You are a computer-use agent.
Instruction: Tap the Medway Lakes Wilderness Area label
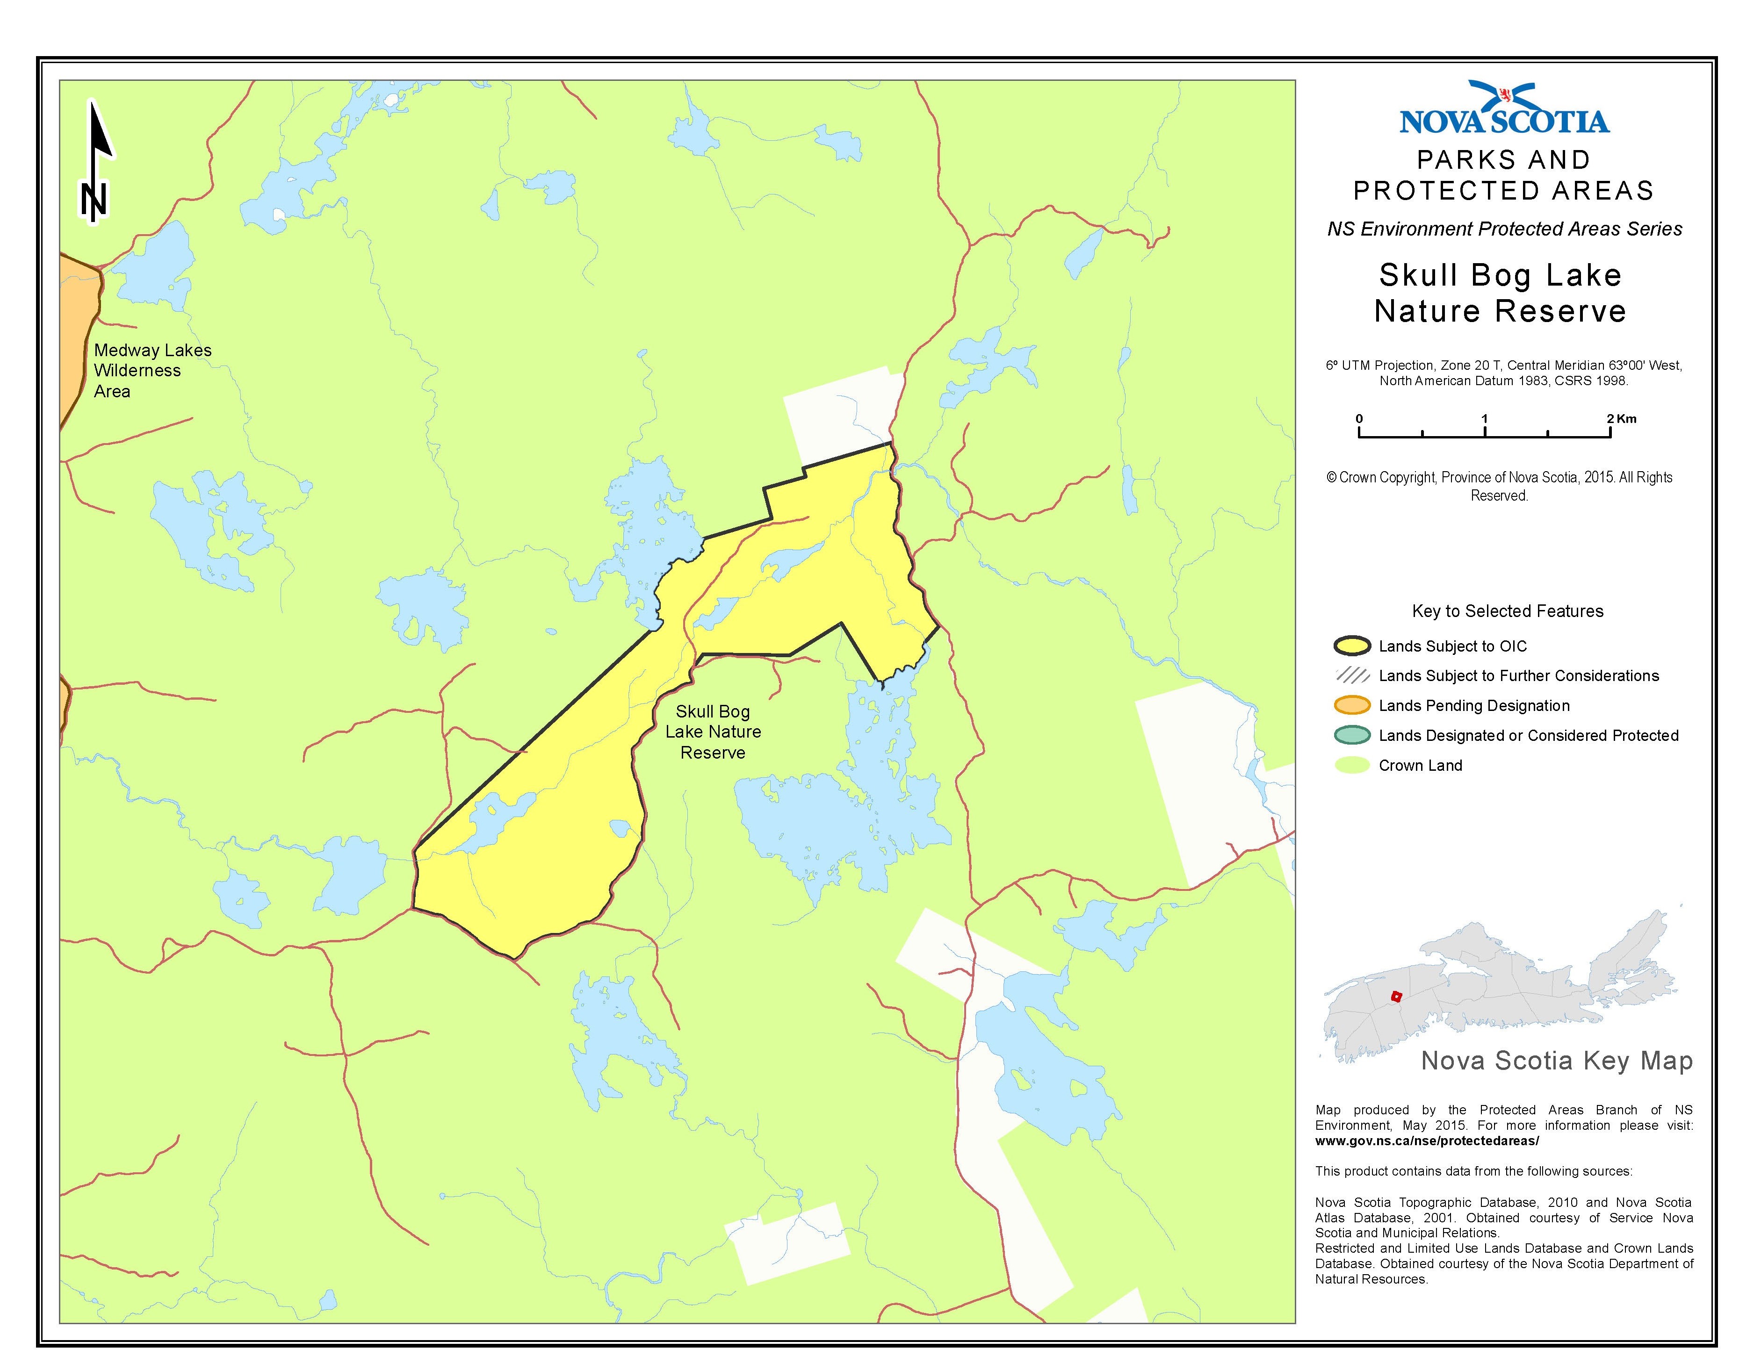tap(152, 371)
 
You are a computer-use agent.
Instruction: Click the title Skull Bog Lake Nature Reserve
tap(1500, 293)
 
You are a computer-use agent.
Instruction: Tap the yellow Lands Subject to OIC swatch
tap(1352, 646)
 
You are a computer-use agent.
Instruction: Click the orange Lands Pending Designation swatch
tap(1352, 706)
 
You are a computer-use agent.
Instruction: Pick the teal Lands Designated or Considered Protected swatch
tap(1352, 735)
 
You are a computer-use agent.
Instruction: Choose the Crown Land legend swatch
tap(1352, 765)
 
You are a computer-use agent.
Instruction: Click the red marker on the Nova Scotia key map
tap(1396, 996)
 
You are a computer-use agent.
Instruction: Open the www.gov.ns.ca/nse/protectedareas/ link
tap(1426, 1141)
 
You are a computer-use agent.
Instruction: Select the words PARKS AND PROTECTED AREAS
tap(1503, 175)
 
